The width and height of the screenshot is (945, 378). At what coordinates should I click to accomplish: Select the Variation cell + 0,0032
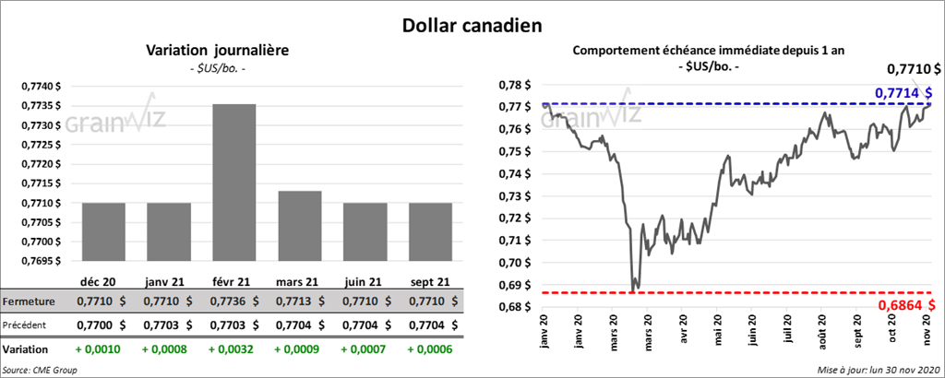point(234,350)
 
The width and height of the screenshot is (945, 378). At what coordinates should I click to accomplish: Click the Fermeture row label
point(30,301)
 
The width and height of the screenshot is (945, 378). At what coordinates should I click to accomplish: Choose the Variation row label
point(27,350)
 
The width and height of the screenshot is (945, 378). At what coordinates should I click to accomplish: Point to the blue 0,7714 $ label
point(903,92)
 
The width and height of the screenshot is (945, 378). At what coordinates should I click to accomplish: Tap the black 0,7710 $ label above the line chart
point(914,68)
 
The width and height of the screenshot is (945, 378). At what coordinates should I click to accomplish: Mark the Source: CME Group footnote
point(41,370)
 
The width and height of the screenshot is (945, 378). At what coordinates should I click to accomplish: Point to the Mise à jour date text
point(878,370)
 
